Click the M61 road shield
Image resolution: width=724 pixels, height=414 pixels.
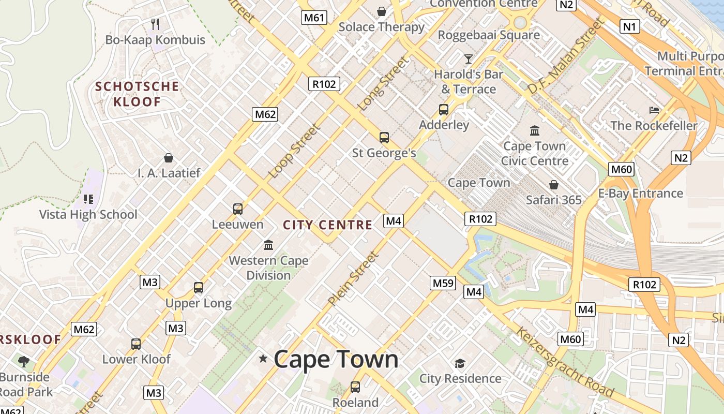point(314,18)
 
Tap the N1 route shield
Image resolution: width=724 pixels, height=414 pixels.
point(629,26)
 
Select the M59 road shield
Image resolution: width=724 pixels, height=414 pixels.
point(443,283)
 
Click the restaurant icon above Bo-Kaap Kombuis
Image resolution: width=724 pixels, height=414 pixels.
point(155,23)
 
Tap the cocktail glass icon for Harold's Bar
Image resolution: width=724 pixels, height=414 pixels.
point(469,58)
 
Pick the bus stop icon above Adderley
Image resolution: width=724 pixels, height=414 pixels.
point(444,109)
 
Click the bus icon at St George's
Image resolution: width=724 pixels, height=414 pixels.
point(384,137)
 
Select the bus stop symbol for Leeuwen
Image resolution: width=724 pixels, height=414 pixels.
point(238,209)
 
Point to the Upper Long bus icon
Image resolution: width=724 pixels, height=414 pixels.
point(199,287)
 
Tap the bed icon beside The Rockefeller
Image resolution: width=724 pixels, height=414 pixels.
point(654,110)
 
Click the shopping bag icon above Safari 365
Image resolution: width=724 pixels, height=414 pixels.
point(554,184)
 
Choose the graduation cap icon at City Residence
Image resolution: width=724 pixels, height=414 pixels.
point(460,363)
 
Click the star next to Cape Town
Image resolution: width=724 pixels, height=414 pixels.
point(263,358)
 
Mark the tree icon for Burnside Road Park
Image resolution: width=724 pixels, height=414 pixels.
point(24,361)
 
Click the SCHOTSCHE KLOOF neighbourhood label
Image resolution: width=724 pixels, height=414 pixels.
point(137,94)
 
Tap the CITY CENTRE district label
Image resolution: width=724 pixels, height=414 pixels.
point(328,225)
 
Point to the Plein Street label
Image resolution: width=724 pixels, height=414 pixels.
point(353,278)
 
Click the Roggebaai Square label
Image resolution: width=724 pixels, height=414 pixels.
point(489,35)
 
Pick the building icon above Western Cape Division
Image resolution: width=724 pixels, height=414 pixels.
point(268,245)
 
